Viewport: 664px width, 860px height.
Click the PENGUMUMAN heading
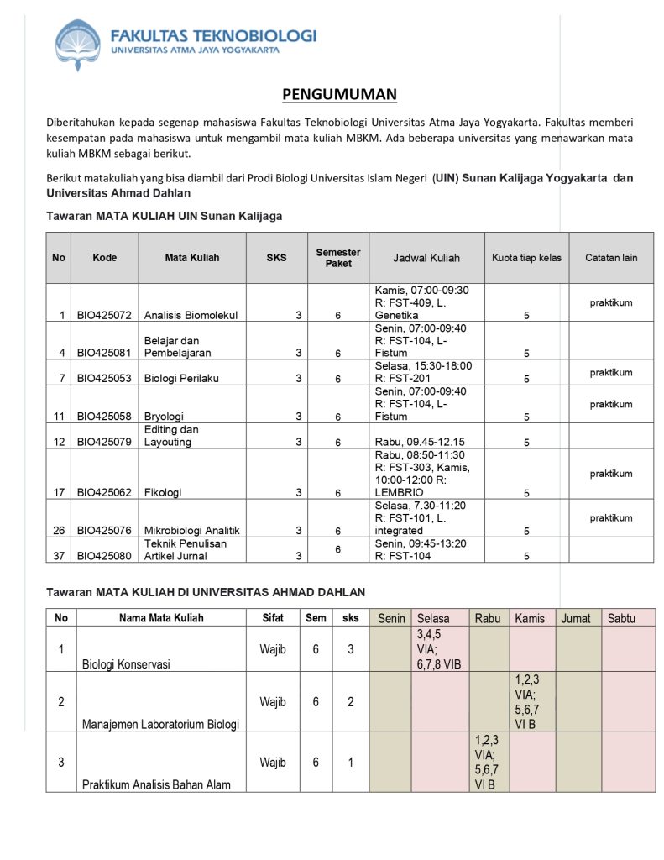(x=339, y=94)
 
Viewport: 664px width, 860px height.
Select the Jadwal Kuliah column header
(x=426, y=258)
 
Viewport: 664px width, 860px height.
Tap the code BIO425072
(x=104, y=316)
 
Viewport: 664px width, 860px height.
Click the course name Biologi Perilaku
(x=181, y=379)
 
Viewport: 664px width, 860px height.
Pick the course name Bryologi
(x=164, y=417)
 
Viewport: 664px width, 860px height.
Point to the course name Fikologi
(x=163, y=493)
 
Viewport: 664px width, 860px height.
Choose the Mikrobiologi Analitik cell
(x=191, y=531)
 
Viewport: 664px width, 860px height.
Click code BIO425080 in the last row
(x=104, y=556)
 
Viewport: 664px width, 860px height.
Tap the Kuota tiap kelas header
(x=526, y=258)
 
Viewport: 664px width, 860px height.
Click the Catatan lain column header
(x=611, y=258)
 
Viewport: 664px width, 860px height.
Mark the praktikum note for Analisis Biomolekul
(x=610, y=302)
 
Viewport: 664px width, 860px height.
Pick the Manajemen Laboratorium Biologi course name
(x=160, y=725)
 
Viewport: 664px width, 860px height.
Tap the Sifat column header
(x=272, y=618)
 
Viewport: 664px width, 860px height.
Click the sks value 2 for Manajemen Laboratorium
(x=351, y=702)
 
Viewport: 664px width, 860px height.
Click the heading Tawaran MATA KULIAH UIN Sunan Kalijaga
(x=164, y=216)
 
